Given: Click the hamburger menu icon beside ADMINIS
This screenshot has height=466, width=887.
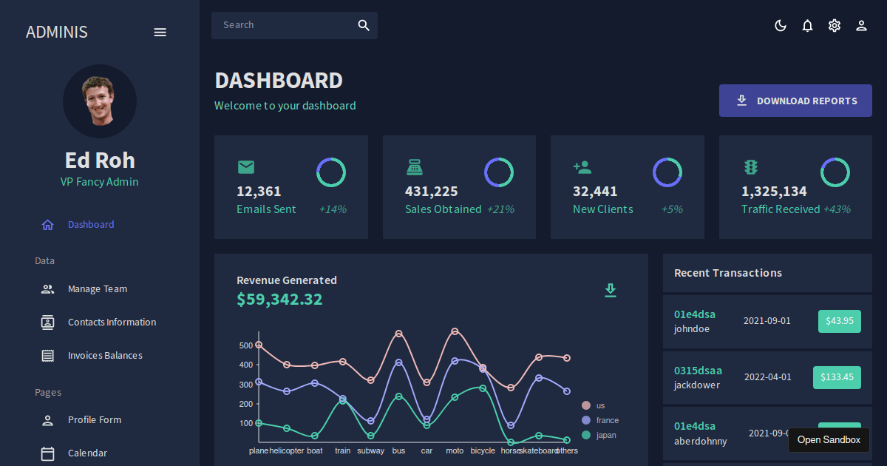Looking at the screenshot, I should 160,32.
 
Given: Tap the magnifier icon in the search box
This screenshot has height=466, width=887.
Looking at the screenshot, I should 364,25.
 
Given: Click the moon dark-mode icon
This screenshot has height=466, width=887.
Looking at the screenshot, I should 780,26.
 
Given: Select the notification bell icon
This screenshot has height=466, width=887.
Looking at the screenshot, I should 807,26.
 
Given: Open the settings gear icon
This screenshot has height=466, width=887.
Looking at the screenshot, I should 835,26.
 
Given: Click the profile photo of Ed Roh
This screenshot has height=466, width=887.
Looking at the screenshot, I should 100,101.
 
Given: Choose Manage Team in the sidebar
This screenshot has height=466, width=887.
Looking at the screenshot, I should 98,289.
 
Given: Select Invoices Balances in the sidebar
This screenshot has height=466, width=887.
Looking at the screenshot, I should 105,356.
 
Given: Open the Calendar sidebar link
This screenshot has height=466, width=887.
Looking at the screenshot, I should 87,453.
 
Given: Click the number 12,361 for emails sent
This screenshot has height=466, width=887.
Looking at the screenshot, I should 259,192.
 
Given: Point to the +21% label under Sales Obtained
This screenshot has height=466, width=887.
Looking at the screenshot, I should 500,209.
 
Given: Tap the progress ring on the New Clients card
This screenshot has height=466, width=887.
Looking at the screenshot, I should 667,172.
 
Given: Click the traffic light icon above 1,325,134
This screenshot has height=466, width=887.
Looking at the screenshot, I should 751,167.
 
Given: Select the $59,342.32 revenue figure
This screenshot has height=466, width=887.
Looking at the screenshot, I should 279,300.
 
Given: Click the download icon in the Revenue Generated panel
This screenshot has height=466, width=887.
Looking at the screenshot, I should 610,290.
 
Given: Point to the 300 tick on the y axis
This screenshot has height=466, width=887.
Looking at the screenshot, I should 246,385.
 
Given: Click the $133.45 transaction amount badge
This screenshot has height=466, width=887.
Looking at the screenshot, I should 837,377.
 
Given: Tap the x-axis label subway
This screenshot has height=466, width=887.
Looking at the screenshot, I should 370,450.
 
